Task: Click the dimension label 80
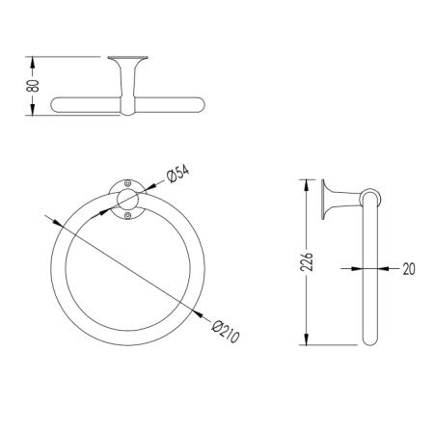(33, 86)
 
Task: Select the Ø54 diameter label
(177, 174)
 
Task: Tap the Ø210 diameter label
(226, 332)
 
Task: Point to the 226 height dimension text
(307, 261)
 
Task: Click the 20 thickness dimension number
(409, 269)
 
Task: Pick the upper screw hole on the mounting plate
(127, 183)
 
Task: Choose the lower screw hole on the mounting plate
(127, 215)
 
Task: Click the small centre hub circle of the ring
(128, 200)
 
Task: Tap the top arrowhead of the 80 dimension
(32, 62)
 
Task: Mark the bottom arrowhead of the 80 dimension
(32, 109)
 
